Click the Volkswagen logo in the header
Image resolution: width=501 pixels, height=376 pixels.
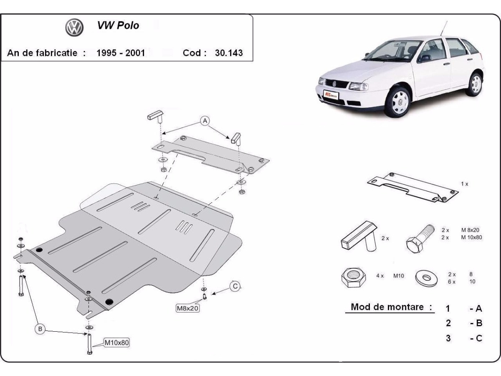[74, 27]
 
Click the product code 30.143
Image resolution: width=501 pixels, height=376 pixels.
[228, 53]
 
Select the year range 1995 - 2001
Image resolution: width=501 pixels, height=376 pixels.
[121, 53]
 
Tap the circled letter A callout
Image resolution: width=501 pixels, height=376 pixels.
[205, 121]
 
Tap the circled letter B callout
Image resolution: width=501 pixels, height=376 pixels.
[40, 329]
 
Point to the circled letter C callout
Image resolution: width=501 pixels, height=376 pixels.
[235, 286]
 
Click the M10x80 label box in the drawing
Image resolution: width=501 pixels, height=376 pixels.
[116, 343]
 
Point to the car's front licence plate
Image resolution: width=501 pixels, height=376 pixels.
[331, 94]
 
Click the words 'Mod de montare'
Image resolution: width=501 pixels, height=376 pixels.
[391, 307]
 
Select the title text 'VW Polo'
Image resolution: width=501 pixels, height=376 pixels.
[119, 25]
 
